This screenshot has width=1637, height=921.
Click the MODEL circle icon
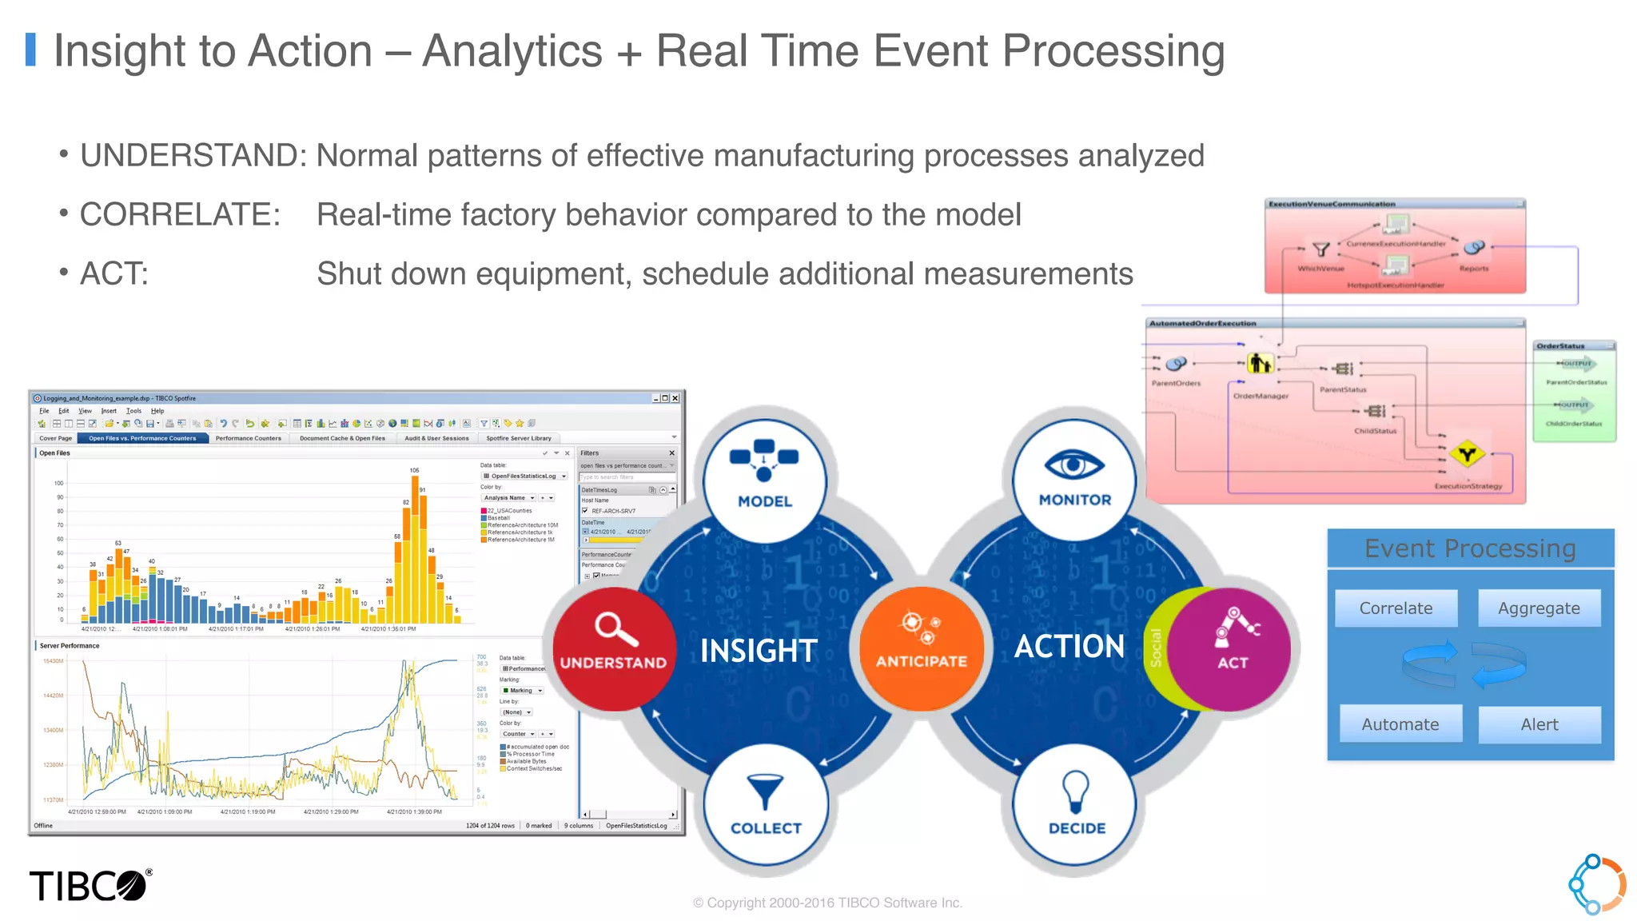(764, 477)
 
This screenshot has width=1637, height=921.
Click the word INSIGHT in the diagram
(759, 651)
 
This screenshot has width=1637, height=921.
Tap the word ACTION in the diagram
(1069, 646)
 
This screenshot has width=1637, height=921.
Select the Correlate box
(1396, 608)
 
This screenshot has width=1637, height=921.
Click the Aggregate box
(1539, 608)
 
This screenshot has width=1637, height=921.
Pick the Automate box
(1400, 724)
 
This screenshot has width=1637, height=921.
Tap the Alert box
(1539, 724)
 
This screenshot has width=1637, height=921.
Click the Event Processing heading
(1469, 548)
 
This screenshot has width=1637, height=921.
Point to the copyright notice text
(827, 903)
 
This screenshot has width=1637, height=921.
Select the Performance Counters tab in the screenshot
(248, 438)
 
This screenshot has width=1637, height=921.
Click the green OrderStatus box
(1574, 392)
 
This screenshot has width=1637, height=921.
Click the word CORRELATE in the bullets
(180, 214)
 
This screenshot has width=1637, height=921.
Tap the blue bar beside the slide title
(31, 50)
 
